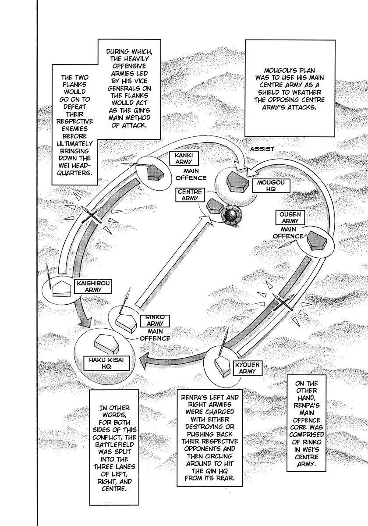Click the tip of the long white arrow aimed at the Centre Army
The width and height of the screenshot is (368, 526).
209,216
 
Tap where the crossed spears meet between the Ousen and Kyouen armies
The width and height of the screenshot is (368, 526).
283,302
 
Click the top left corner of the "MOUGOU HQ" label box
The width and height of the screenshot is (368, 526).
252,179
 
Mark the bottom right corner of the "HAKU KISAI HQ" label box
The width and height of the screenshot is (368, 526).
130,370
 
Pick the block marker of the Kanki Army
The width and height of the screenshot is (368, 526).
155,172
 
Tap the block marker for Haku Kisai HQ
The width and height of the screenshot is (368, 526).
108,344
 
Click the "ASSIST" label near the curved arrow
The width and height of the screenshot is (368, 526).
262,149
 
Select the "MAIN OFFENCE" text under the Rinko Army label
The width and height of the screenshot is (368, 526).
155,335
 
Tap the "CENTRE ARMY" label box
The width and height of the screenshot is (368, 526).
190,195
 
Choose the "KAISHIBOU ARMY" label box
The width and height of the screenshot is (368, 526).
93,286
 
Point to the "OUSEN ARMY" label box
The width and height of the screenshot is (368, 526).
290,217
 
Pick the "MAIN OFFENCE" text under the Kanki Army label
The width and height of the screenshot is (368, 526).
191,174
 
